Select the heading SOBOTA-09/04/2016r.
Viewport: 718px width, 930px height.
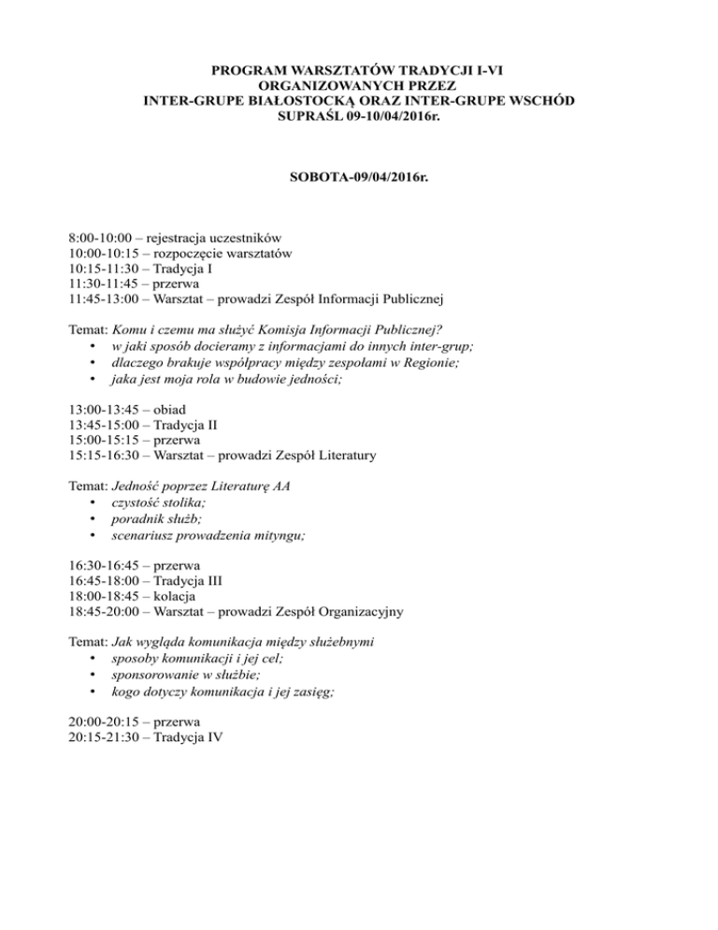coord(360,176)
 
